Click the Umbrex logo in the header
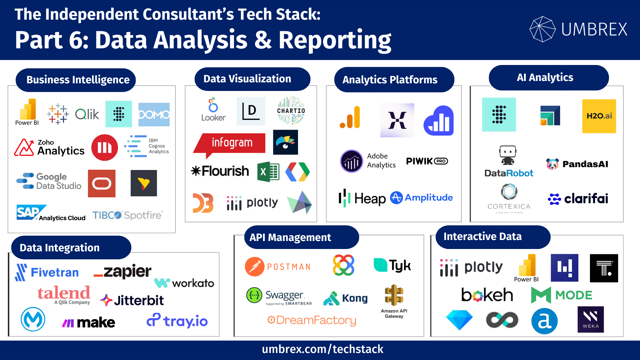click(578, 29)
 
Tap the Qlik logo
click(87, 114)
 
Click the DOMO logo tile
click(154, 115)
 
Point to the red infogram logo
click(230, 143)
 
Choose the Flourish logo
click(220, 171)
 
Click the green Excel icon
click(268, 172)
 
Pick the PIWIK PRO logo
click(427, 161)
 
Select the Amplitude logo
click(421, 198)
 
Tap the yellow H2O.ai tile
click(599, 116)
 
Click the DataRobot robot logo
click(508, 162)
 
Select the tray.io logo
click(177, 321)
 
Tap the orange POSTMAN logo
click(278, 267)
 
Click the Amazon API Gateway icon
click(394, 300)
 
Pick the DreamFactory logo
click(312, 320)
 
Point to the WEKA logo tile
click(590, 319)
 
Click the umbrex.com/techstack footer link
click(322, 349)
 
